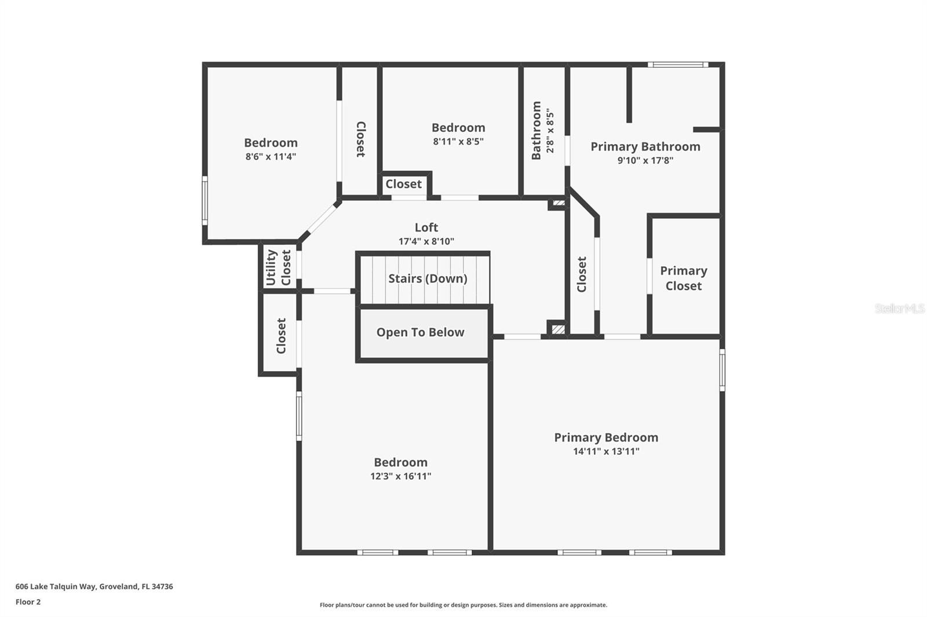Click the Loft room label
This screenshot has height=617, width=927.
pos(426,227)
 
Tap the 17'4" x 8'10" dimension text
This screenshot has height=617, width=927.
pos(426,241)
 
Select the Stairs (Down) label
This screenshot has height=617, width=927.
pos(428,278)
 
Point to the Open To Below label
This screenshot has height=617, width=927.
pos(420,332)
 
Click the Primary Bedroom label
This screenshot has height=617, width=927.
pos(606,438)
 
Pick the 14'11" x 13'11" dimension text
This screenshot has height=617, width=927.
pos(606,451)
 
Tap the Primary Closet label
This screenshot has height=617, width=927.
pos(684,278)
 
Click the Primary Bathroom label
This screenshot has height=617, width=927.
pos(645,146)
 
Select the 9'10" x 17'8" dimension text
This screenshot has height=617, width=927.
pos(645,160)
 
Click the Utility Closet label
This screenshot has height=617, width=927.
pos(279,267)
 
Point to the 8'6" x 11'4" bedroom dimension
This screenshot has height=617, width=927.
pos(271,156)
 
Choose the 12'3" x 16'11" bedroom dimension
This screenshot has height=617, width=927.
pos(400,476)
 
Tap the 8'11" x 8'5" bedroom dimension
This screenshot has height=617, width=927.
pos(458,141)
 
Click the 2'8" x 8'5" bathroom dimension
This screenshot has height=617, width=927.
pos(550,131)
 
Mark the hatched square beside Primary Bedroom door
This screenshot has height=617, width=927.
pos(557,329)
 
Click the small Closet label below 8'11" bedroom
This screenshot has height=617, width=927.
pos(403,184)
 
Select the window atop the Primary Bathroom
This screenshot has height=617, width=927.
pos(677,65)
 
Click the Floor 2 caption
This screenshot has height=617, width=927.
pos(28,602)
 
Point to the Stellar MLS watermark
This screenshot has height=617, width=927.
pos(899,308)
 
